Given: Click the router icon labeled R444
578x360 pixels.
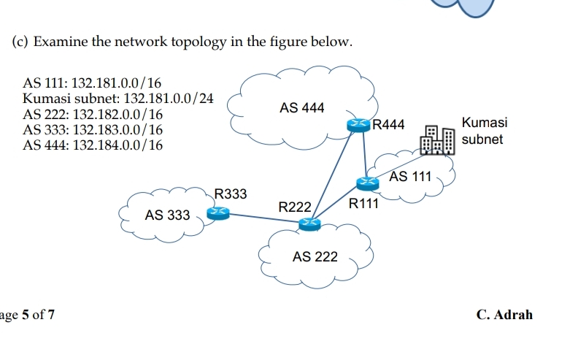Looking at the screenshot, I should (358, 126).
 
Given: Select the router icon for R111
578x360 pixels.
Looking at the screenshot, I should (368, 182).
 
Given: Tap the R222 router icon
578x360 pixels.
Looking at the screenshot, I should (309, 223).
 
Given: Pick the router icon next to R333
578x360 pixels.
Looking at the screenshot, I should (217, 212).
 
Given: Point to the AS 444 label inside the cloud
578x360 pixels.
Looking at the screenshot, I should (301, 108).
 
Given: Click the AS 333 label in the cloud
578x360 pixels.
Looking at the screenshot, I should (167, 215).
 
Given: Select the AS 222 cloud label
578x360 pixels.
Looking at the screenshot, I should (315, 256).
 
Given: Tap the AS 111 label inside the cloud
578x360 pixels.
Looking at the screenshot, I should (411, 176).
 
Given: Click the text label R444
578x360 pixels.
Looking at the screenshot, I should (388, 125).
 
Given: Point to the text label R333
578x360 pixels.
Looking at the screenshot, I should (231, 194).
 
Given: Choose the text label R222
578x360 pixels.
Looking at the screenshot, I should (295, 207).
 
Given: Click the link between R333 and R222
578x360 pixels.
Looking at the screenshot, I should (263, 218).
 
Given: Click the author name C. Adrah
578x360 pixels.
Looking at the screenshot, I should (504, 315).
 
